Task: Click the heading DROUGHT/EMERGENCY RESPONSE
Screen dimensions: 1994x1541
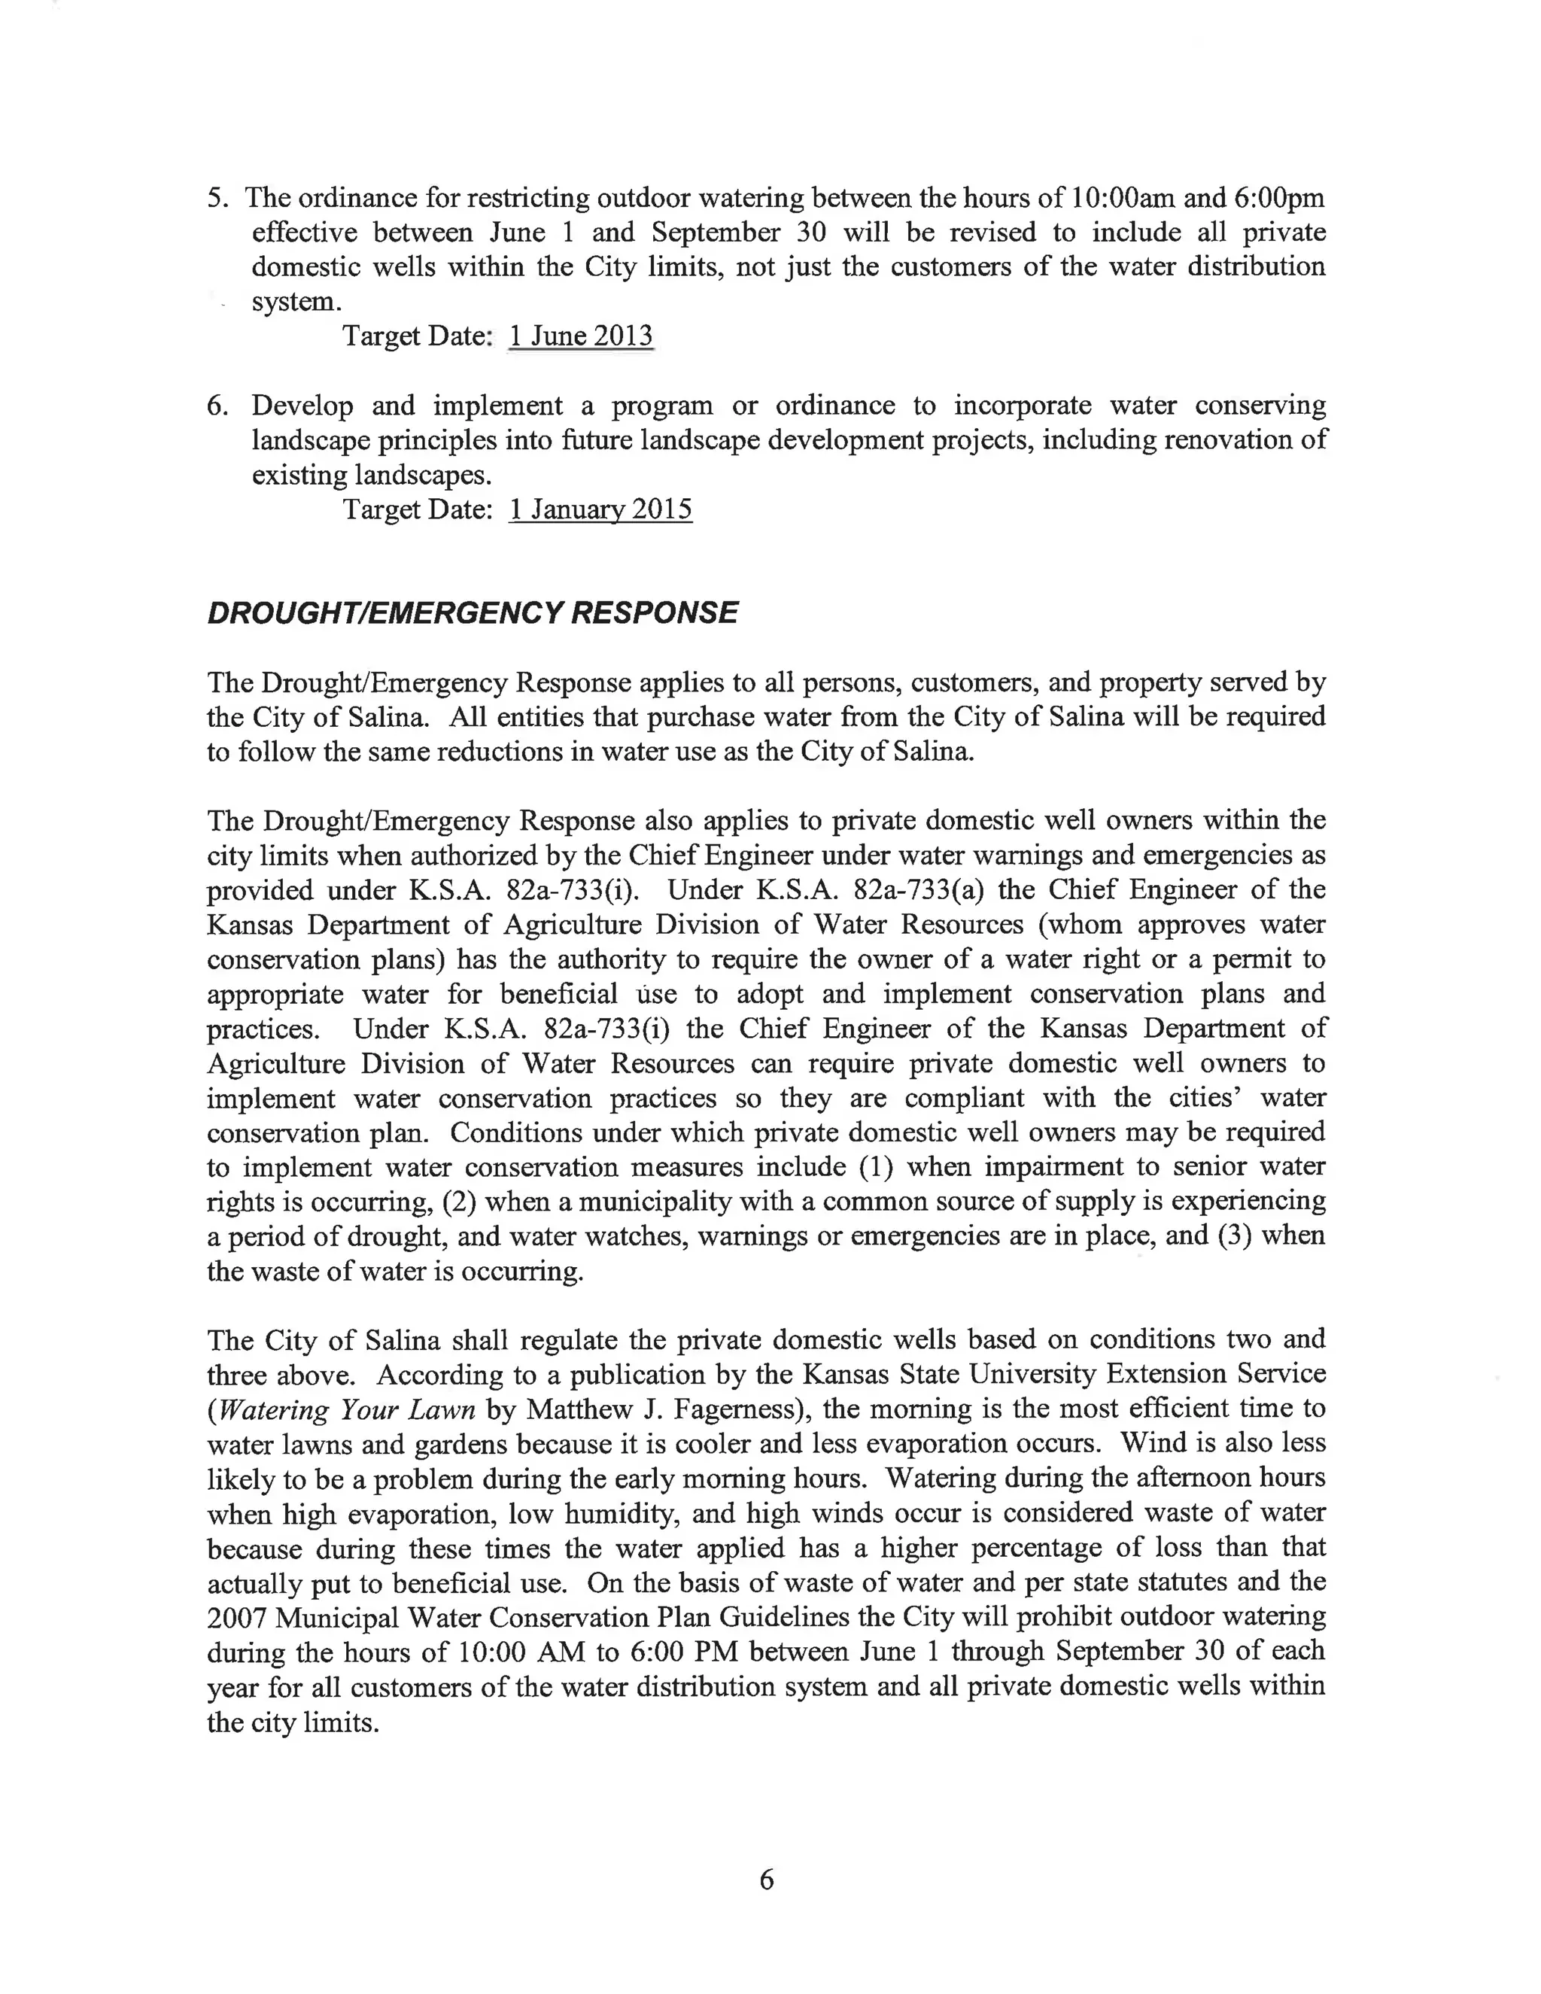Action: tap(472, 612)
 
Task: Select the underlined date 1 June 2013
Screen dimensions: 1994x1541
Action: tap(581, 336)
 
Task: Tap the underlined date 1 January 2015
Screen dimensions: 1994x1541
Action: tap(600, 509)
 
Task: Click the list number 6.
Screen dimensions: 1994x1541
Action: tap(217, 406)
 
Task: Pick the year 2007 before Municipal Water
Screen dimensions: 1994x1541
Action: tap(236, 1618)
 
